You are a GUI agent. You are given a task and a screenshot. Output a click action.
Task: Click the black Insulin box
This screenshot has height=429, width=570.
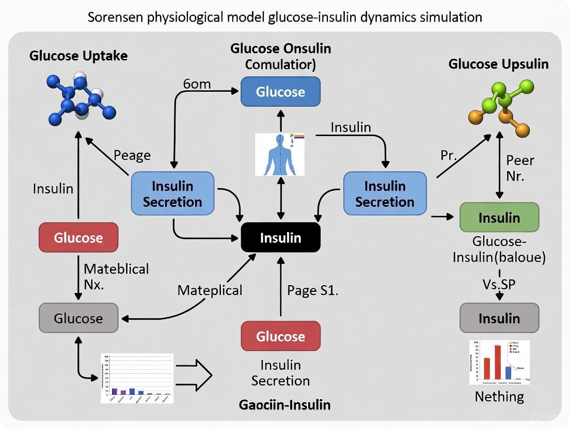(281, 238)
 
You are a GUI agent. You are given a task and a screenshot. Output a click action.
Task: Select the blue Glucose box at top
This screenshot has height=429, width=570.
(281, 92)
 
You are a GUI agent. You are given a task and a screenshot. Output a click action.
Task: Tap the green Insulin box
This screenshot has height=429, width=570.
(499, 217)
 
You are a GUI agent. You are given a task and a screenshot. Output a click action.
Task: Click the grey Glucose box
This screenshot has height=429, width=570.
(78, 318)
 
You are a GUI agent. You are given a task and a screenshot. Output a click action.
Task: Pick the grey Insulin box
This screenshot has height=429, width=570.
(499, 318)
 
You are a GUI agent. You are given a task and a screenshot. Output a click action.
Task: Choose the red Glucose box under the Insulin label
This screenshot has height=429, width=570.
(78, 238)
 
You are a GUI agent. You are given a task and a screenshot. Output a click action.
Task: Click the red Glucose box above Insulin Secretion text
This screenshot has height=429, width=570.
(281, 336)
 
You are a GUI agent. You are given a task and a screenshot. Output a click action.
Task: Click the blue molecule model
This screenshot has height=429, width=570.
(80, 96)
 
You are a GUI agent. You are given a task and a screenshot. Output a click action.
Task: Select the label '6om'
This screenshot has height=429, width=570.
(197, 84)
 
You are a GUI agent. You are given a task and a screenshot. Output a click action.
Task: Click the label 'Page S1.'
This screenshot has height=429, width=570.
(312, 290)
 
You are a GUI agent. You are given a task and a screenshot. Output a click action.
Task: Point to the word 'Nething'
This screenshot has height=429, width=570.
(499, 397)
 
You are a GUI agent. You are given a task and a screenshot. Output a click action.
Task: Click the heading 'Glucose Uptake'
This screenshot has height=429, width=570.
(78, 56)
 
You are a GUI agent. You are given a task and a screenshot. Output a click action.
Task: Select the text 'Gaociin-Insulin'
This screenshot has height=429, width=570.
(284, 405)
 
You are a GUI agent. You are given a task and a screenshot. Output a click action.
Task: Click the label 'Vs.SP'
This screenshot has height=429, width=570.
(499, 284)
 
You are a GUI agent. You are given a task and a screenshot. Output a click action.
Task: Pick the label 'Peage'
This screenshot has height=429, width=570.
(132, 155)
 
